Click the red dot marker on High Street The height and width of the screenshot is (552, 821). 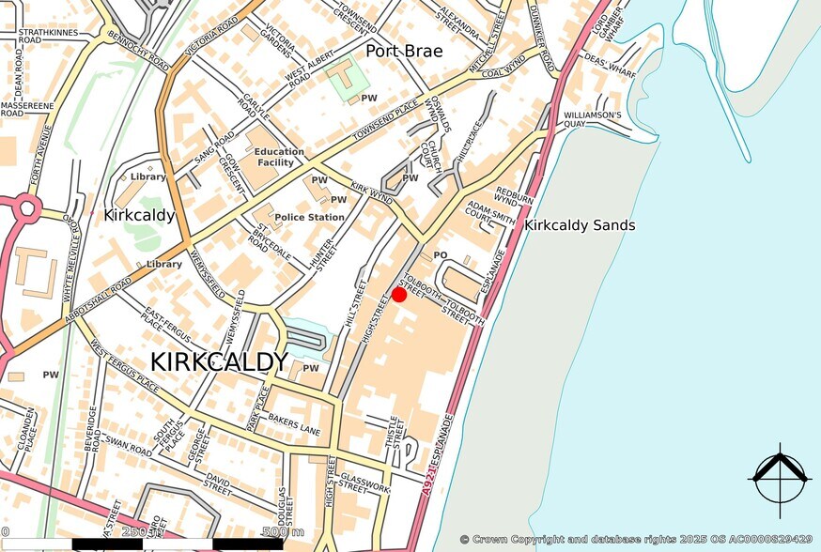(398, 295)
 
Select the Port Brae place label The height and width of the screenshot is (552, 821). (404, 51)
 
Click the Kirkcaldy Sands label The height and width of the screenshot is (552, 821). (580, 225)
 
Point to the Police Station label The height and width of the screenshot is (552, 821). (309, 217)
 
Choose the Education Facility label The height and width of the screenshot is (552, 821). (279, 157)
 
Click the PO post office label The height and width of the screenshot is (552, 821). (440, 254)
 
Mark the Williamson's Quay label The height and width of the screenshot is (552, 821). (592, 119)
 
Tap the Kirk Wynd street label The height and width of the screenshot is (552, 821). (371, 192)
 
